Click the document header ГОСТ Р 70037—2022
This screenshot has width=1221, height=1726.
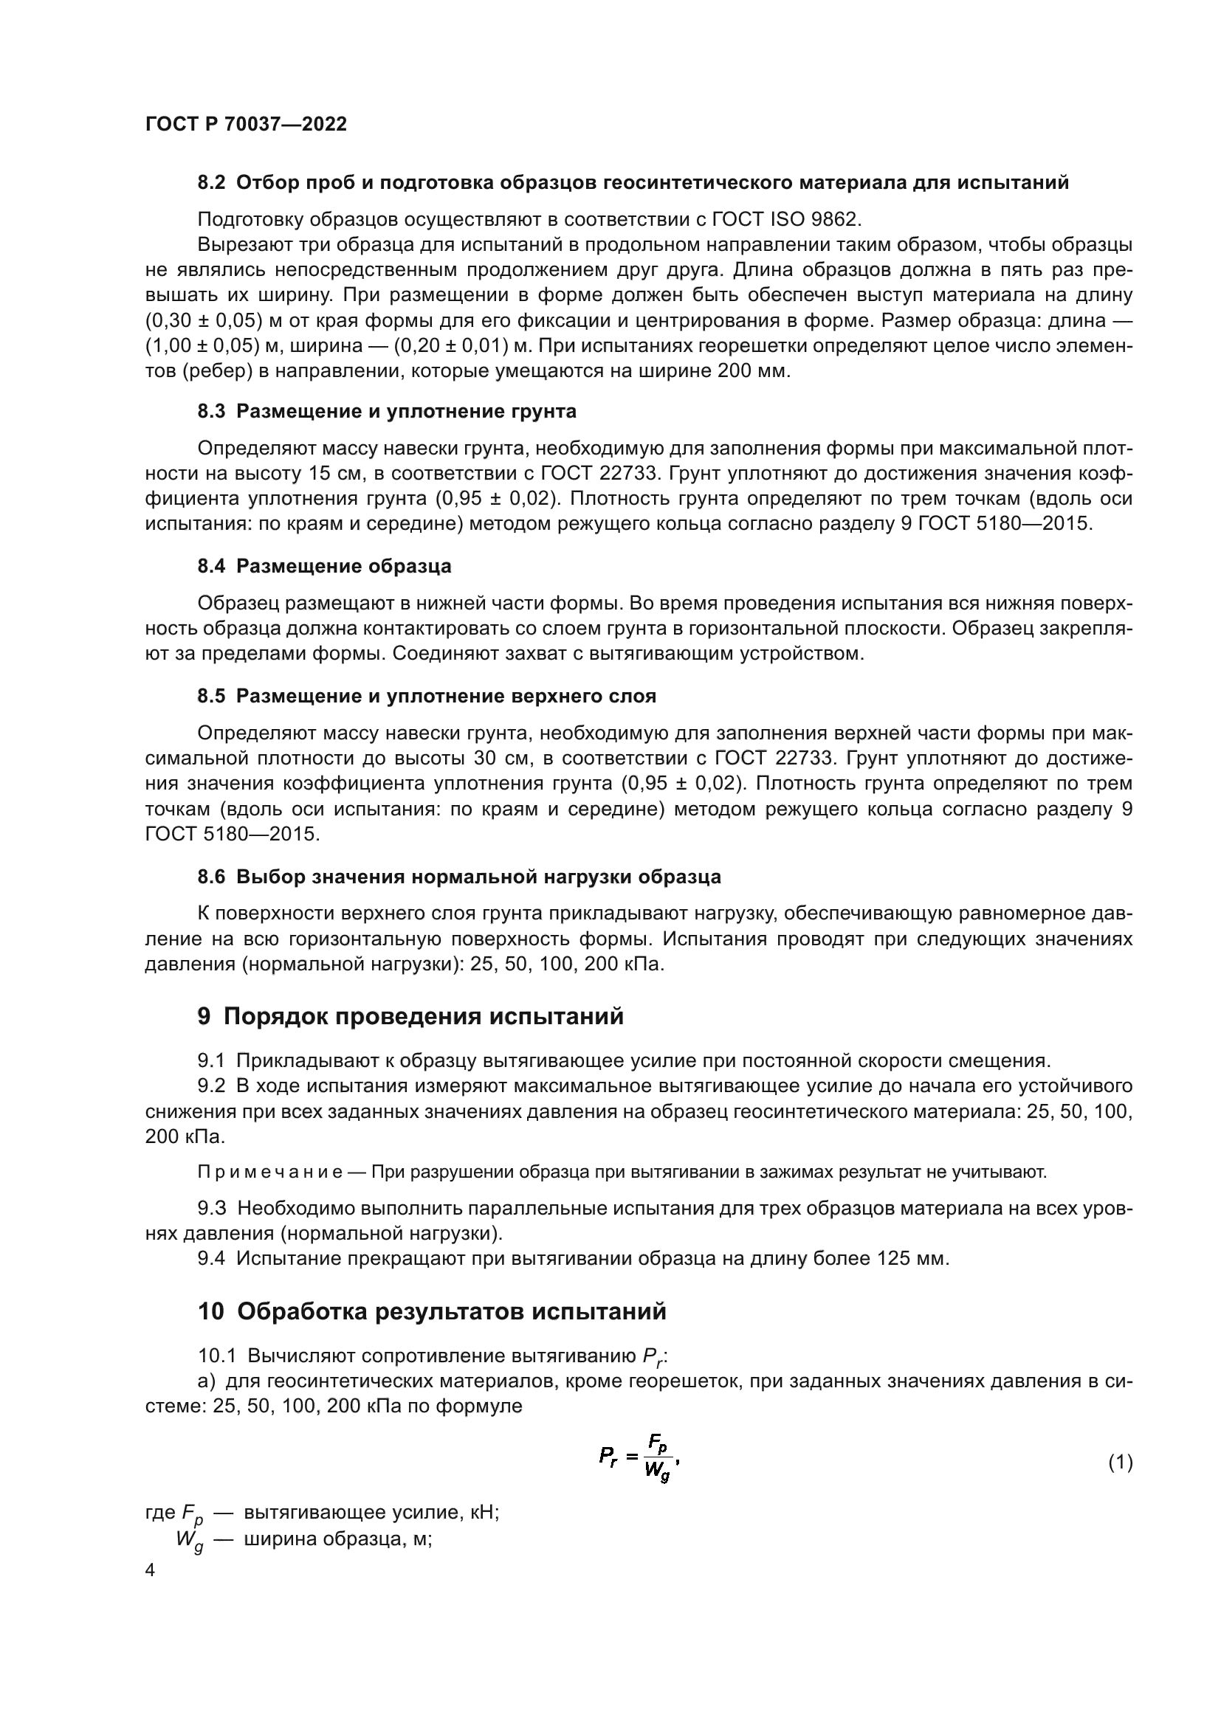pos(246,125)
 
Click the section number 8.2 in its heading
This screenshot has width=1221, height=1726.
pos(211,183)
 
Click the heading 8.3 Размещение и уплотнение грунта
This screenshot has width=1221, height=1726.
pos(386,411)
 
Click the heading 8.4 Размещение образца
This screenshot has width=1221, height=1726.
pos(324,566)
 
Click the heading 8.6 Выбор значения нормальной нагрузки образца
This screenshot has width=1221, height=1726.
pos(458,877)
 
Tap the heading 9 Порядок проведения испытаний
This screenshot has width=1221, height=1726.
pos(410,1016)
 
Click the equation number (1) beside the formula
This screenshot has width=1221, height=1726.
pos(1120,1463)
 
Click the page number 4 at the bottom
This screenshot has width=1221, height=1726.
pos(151,1571)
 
